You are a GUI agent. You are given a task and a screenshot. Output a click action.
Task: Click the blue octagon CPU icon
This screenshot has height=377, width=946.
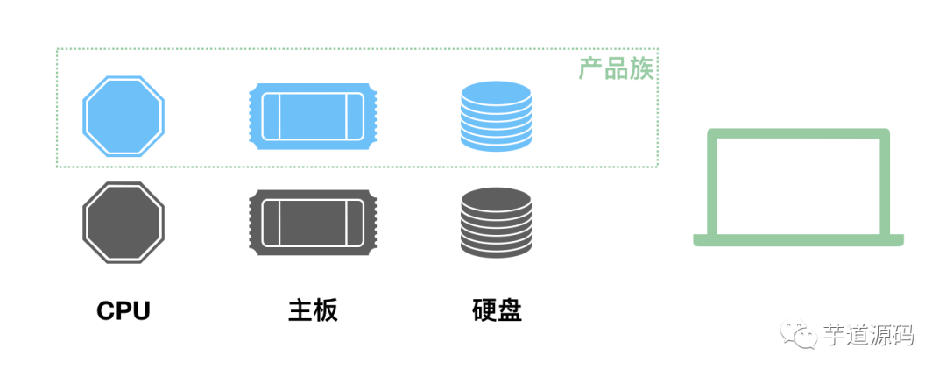pyautogui.click(x=124, y=115)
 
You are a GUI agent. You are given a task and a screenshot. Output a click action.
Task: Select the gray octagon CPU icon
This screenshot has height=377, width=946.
pyautogui.click(x=124, y=222)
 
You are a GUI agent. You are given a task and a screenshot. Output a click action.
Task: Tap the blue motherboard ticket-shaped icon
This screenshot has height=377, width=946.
pyautogui.click(x=313, y=115)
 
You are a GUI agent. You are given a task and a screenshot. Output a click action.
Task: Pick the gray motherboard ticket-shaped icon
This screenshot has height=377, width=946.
pyautogui.click(x=313, y=222)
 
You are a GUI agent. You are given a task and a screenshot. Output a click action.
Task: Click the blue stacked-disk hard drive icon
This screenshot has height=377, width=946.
pyautogui.click(x=496, y=115)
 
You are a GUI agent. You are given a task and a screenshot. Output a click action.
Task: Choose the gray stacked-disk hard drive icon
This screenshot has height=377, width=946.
pyautogui.click(x=496, y=222)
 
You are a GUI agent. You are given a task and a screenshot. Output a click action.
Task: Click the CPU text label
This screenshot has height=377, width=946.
pyautogui.click(x=124, y=310)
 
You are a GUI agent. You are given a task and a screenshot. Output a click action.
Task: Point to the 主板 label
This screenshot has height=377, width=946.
pyautogui.click(x=313, y=310)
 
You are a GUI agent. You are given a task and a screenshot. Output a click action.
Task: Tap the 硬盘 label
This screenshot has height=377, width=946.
pyautogui.click(x=497, y=310)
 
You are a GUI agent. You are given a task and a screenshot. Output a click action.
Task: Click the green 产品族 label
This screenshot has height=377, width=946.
pyautogui.click(x=616, y=69)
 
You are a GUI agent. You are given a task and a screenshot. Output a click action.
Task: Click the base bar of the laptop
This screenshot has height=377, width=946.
pyautogui.click(x=798, y=240)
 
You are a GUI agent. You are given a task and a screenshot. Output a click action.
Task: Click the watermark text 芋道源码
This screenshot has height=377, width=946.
pyautogui.click(x=868, y=335)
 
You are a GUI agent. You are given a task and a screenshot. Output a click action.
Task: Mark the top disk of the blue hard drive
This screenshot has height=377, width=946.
pyautogui.click(x=496, y=90)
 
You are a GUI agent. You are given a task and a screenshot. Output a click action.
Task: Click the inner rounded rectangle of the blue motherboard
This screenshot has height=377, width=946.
pyautogui.click(x=313, y=115)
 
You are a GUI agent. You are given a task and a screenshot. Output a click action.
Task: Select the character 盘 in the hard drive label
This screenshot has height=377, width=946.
pyautogui.click(x=509, y=310)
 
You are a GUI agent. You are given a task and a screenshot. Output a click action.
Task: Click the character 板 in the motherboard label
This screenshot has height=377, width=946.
pyautogui.click(x=325, y=310)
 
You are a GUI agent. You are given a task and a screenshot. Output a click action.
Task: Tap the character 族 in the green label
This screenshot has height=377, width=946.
pyautogui.click(x=641, y=69)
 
